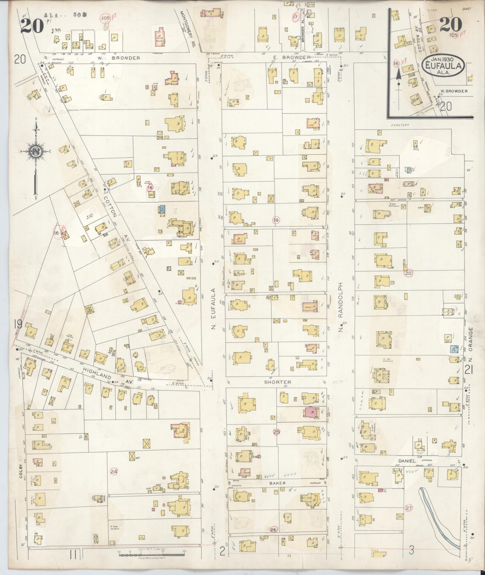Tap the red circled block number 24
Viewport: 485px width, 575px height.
(x=114, y=472)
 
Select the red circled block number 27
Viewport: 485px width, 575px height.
(x=408, y=508)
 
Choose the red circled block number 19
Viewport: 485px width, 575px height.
(x=275, y=220)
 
